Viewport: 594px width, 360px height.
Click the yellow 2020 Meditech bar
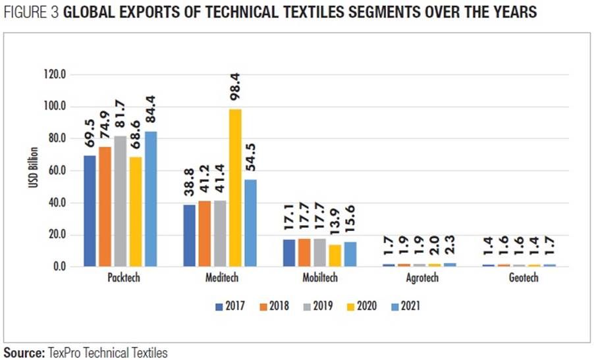[x=235, y=188]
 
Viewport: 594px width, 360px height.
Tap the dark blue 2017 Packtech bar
[x=90, y=211]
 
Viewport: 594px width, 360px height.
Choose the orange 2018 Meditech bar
[x=205, y=234]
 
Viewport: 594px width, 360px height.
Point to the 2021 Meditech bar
[x=251, y=223]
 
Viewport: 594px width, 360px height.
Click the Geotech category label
[x=523, y=278]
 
